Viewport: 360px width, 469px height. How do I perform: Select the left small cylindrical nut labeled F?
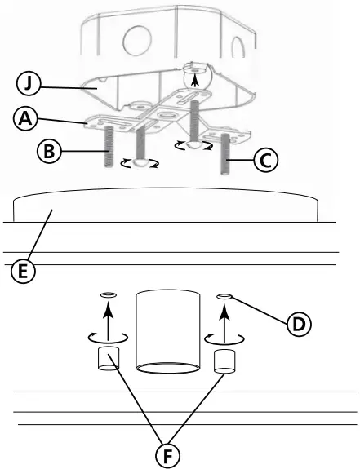coord(109,358)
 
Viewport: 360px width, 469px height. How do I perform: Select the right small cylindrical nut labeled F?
coord(224,361)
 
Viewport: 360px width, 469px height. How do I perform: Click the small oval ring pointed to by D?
coord(223,295)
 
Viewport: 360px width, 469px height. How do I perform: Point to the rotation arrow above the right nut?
coord(223,335)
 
